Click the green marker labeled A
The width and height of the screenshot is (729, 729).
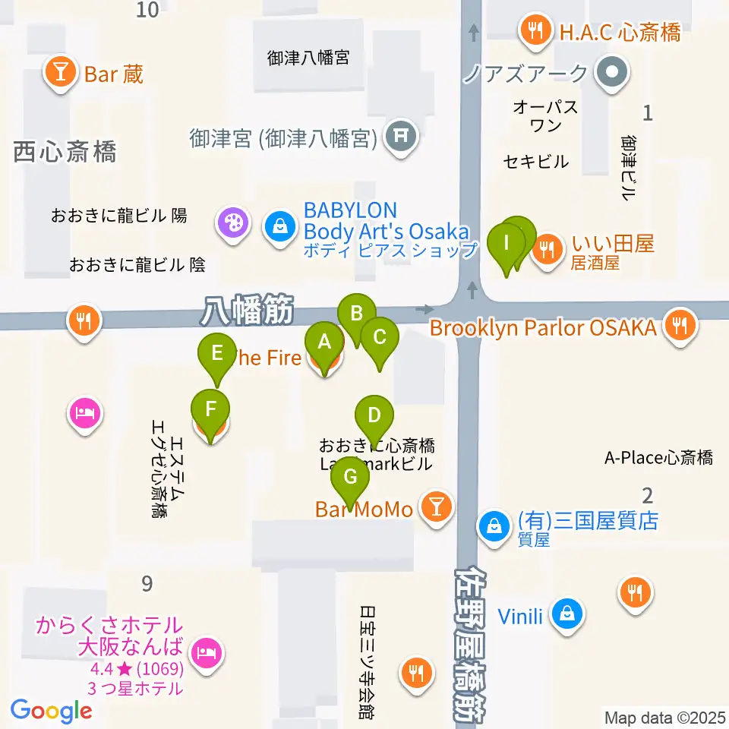324,342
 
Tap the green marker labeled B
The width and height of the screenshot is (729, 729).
357,313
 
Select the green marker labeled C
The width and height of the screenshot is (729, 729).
379,336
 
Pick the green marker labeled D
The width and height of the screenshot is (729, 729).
374,415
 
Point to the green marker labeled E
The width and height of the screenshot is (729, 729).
217,353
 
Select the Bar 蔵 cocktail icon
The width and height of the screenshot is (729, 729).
61,74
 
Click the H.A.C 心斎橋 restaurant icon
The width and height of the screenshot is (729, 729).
536,31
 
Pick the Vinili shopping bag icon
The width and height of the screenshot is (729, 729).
566,613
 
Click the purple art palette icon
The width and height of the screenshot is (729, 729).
232,223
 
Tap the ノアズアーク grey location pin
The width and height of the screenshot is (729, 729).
612,74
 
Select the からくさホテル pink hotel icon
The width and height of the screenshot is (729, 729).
205,652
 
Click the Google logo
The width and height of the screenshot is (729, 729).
51,711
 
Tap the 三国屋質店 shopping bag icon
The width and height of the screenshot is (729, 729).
494,525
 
